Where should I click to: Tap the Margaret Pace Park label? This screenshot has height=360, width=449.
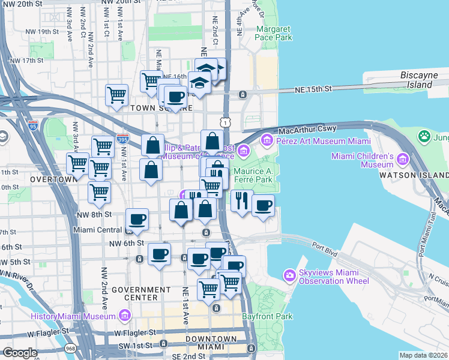pyautogui.click(x=274, y=33)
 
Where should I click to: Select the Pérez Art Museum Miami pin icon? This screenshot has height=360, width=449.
pyautogui.click(x=267, y=140)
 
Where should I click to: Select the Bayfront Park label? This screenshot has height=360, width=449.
pyautogui.click(x=267, y=316)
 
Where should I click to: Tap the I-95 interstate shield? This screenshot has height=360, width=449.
pyautogui.click(x=33, y=126)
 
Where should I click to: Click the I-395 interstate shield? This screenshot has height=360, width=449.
pyautogui.click(x=123, y=139)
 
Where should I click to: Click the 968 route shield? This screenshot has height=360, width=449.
pyautogui.click(x=71, y=348)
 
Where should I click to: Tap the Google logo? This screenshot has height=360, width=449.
pyautogui.click(x=20, y=353)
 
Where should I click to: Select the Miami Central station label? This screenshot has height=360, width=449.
pyautogui.click(x=97, y=230)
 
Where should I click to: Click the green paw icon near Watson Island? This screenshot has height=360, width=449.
pyautogui.click(x=425, y=137)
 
